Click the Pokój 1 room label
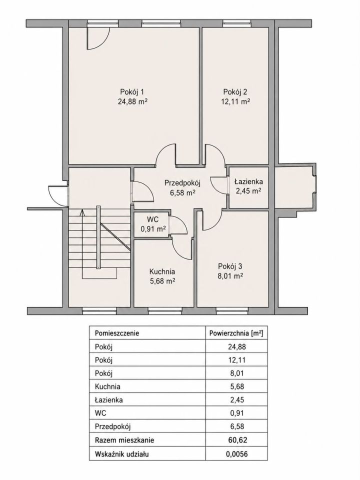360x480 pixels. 132,92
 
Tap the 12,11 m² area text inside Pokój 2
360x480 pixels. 235,101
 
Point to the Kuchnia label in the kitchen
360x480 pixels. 162,271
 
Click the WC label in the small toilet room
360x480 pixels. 152,219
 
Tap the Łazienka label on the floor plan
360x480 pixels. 248,181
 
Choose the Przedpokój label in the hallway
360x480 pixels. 182,183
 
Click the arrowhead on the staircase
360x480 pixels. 81,212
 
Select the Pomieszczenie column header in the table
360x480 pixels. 117,333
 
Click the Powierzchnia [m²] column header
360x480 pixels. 236,333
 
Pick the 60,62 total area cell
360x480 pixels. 237,440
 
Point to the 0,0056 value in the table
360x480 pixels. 237,453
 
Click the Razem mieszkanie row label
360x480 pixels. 124,440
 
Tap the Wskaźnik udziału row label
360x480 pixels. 122,453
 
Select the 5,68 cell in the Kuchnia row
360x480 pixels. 237,386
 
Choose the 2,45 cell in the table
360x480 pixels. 237,400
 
